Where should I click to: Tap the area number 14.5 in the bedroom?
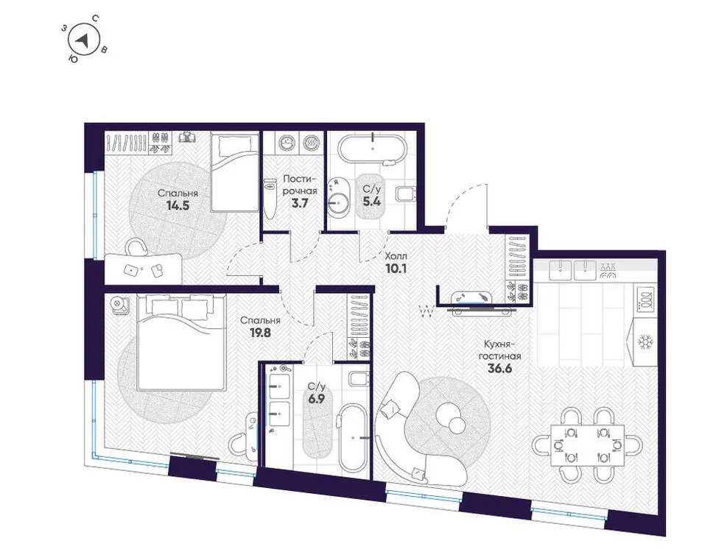pos(178,206)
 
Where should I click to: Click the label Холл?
pos(394,255)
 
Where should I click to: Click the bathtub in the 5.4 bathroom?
pos(373,149)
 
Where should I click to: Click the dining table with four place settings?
pos(583,445)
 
